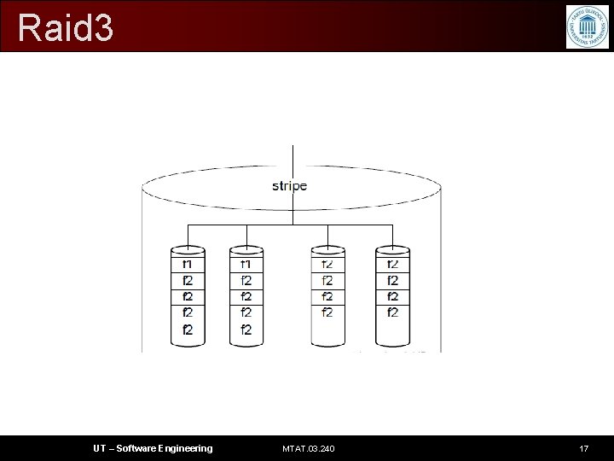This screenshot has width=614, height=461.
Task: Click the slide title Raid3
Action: coord(65,28)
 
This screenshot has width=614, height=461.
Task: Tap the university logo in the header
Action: coord(588,26)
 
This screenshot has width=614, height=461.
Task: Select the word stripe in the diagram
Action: coord(290,185)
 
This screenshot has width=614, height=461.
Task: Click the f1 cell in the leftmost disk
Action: coord(188,264)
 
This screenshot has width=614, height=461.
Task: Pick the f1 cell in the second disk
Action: coord(246,264)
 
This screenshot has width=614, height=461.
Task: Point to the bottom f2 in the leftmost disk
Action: coord(188,330)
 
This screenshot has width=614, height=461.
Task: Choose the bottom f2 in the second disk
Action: coord(246,330)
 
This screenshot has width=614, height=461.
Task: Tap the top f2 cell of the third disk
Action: coord(327,264)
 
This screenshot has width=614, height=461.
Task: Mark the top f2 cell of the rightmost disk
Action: coord(392,264)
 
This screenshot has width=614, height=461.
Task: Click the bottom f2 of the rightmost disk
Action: coord(392,312)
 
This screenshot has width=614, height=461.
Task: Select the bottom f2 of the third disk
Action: coord(327,312)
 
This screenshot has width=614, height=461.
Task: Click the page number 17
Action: coord(583,448)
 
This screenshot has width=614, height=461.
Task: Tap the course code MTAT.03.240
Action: coord(308,448)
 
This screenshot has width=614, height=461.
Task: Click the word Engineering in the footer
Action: coord(186,448)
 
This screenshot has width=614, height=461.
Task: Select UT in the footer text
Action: coord(101,448)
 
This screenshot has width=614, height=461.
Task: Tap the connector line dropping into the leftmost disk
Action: coord(188,235)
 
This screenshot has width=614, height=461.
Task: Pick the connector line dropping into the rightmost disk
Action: coord(392,235)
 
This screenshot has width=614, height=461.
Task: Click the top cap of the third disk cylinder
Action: coord(327,251)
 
